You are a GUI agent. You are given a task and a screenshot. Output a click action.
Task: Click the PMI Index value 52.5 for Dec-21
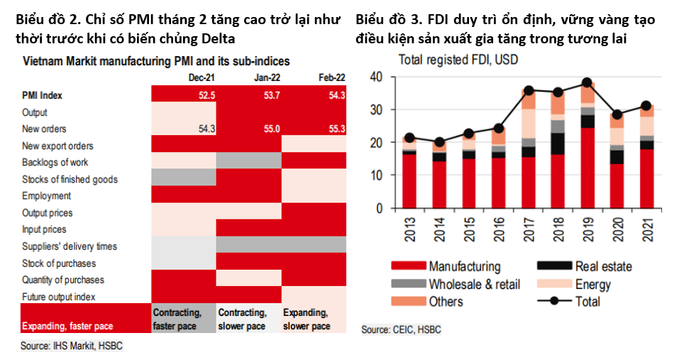[206, 95]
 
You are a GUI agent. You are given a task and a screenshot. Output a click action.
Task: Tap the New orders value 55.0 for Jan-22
[270, 129]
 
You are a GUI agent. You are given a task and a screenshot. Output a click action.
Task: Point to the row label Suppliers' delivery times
[70, 246]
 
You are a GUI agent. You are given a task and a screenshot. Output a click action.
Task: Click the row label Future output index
[58, 297]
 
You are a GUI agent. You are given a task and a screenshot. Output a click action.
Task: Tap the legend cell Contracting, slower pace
[243, 320]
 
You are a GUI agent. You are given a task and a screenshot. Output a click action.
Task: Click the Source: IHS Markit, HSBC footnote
[71, 346]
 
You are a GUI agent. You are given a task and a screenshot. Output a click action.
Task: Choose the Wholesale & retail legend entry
[474, 284]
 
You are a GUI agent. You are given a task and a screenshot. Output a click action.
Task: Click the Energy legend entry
[593, 284]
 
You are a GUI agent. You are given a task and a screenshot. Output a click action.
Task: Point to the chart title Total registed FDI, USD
[458, 60]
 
